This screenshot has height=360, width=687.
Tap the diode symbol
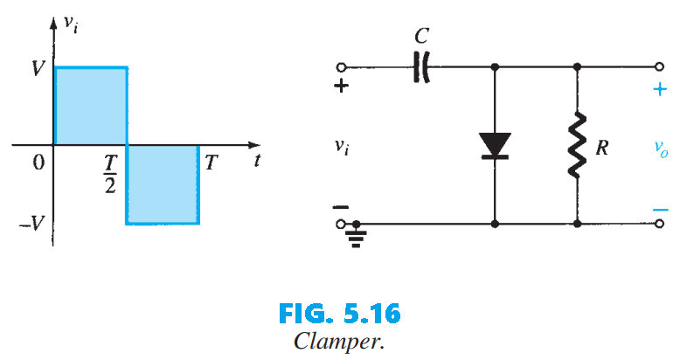[496, 145]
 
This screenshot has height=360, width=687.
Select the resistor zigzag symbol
[577, 145]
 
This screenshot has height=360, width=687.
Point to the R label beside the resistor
[602, 148]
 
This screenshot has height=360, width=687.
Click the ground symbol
[354, 234]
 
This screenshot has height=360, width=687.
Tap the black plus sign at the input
[342, 87]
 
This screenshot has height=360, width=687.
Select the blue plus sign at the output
[660, 89]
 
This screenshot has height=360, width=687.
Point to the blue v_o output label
[662, 149]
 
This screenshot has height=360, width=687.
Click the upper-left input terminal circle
[341, 66]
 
